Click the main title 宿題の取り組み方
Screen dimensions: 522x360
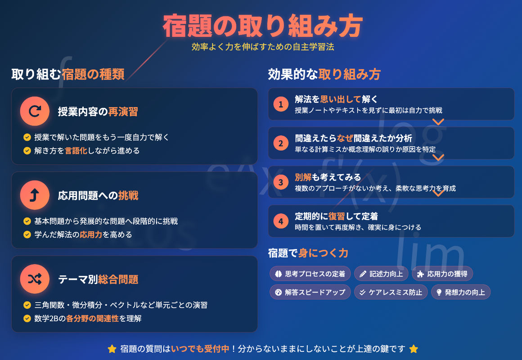tap(262, 26)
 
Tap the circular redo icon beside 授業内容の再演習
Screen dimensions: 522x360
tap(35, 111)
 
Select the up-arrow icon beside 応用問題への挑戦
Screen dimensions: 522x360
tap(35, 195)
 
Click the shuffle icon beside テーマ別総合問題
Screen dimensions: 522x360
tap(35, 279)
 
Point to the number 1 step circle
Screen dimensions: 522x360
tap(281, 104)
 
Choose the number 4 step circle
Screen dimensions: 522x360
tap(281, 221)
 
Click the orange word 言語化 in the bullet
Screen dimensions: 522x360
tap(76, 151)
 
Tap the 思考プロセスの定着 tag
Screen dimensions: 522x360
tap(310, 274)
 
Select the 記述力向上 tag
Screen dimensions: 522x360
tap(381, 274)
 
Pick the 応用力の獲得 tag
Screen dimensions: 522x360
tap(442, 274)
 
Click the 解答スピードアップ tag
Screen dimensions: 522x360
tap(310, 292)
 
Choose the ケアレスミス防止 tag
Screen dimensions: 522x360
tap(391, 292)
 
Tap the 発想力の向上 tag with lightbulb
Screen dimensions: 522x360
tap(461, 292)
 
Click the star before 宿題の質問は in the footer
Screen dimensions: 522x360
tap(112, 349)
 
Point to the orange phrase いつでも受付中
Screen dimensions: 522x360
tap(200, 349)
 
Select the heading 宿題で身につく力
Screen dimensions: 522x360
tap(308, 253)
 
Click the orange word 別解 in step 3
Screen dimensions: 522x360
tap(303, 177)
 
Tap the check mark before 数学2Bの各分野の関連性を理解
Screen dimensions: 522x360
tap(27, 319)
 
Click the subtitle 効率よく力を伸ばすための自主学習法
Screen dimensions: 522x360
tap(263, 47)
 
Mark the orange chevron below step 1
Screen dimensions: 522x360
tap(438, 122)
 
